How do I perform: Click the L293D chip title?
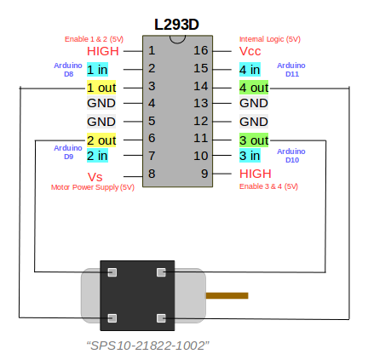[176, 25]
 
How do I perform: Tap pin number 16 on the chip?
[201, 50]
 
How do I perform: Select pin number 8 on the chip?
[152, 174]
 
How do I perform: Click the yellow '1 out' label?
[101, 88]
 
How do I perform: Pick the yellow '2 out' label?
[101, 140]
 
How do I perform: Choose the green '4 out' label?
[254, 88]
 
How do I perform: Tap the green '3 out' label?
[254, 140]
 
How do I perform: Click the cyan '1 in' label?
[97, 70]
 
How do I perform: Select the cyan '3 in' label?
[250, 156]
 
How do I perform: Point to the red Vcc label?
[250, 51]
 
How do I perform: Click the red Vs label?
[95, 177]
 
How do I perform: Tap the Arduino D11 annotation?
[291, 70]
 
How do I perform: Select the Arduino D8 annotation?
[68, 70]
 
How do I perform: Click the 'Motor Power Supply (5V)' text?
[93, 187]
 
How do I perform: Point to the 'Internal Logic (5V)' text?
[270, 39]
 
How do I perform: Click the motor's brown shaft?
[227, 295]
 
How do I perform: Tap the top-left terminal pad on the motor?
[112, 272]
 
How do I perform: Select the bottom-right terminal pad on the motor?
[161, 318]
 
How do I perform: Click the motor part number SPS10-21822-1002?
[148, 346]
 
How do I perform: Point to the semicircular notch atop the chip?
[177, 42]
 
